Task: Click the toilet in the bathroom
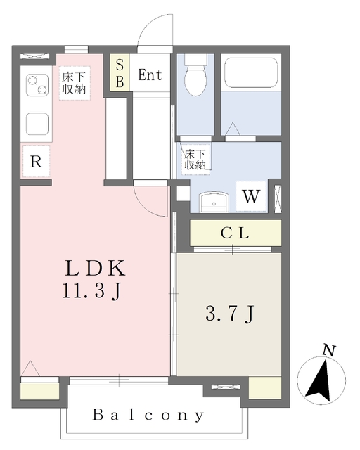click(x=195, y=75)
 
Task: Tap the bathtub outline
click(x=251, y=73)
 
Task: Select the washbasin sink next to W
click(x=214, y=202)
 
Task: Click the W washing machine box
click(x=251, y=197)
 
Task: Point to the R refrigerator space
click(x=36, y=162)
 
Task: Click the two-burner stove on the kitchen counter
click(x=37, y=85)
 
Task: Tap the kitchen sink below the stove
click(x=37, y=124)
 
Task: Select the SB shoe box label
click(x=120, y=73)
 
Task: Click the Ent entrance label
click(x=150, y=75)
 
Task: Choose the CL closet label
click(x=235, y=233)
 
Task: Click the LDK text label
click(x=96, y=268)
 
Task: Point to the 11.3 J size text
click(x=92, y=291)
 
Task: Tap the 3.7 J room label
click(x=230, y=314)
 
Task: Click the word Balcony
click(x=148, y=416)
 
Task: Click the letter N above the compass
click(x=329, y=350)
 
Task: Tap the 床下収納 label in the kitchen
click(x=75, y=83)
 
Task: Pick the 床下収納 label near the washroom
click(x=195, y=160)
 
